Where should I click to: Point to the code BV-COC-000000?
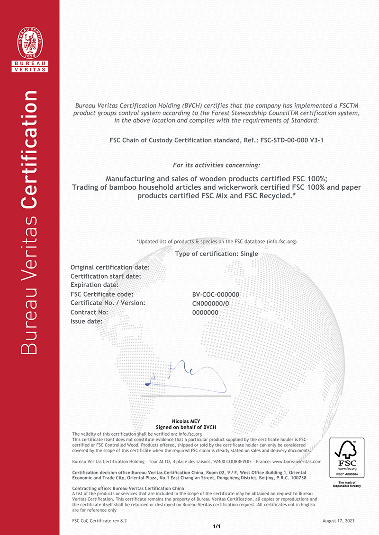(x=216, y=294)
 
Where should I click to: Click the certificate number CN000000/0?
(x=211, y=303)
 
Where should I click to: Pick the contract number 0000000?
(x=205, y=312)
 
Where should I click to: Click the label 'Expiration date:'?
(x=94, y=285)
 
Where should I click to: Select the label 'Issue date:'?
(x=86, y=321)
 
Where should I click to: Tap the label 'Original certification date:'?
(x=110, y=267)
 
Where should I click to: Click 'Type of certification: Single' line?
(x=217, y=254)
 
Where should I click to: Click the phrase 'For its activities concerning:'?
(x=217, y=165)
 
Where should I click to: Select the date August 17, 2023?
(x=338, y=521)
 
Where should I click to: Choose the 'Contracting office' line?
(x=128, y=488)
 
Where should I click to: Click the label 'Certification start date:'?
(x=106, y=276)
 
